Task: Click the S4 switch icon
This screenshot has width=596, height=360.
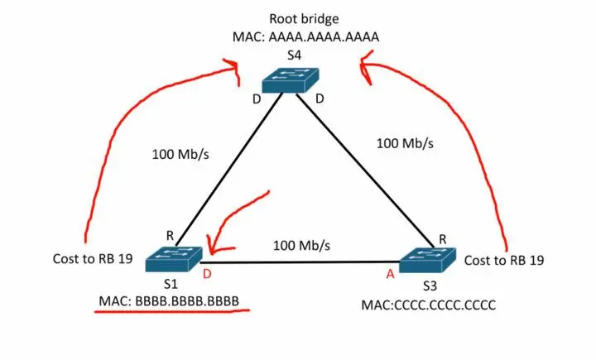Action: [x=291, y=79]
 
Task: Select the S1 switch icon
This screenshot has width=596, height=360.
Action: [x=174, y=259]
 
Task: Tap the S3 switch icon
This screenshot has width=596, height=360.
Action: [x=427, y=261]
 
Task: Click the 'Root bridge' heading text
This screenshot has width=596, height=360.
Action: [x=304, y=19]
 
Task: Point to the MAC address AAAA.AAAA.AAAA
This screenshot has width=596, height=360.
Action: [x=324, y=37]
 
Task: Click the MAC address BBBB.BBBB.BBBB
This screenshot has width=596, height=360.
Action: [x=187, y=301]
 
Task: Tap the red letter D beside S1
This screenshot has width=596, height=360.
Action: [x=207, y=274]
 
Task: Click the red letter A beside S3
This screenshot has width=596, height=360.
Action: [x=391, y=274]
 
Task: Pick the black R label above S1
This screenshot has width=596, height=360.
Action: [x=170, y=236]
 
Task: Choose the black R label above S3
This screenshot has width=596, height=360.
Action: [x=442, y=239]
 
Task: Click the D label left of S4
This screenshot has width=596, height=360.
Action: [x=257, y=99]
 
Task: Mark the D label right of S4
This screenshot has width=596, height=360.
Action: [x=320, y=98]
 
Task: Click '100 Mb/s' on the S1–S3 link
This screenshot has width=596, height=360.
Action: [x=302, y=246]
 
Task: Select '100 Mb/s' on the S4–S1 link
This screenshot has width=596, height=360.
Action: [x=180, y=154]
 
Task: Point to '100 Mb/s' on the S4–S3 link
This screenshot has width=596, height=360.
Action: [x=405, y=143]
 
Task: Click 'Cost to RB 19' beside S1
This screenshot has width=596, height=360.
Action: [x=93, y=259]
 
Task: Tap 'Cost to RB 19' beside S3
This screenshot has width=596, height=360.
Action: [x=504, y=261]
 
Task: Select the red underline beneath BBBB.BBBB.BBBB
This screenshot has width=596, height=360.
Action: [x=172, y=311]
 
